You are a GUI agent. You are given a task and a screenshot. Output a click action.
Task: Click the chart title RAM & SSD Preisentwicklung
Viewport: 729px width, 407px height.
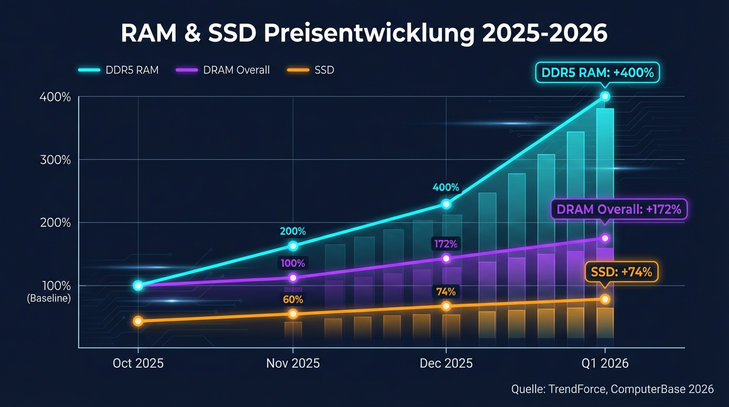363,33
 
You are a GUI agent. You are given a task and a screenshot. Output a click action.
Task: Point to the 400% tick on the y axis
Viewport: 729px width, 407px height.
55,97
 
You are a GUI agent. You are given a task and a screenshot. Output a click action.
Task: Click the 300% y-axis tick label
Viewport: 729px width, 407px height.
55,160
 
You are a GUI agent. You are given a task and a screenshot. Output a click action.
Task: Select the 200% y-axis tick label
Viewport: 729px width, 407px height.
55,223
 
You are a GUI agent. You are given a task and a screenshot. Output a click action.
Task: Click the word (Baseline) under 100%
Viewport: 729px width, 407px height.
49,298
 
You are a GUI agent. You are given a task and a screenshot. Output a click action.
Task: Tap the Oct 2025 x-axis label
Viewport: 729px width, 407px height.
138,364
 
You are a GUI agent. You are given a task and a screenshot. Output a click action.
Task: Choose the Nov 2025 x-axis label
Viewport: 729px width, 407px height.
293,364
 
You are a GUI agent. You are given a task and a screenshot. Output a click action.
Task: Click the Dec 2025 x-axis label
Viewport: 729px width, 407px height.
446,364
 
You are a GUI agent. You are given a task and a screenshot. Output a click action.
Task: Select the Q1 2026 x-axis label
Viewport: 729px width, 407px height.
604,364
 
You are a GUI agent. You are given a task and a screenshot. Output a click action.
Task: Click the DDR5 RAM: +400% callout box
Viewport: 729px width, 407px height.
597,73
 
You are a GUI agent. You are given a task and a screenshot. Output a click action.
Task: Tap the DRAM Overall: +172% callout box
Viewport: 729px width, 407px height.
619,209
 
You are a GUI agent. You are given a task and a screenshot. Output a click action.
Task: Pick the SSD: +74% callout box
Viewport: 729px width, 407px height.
621,272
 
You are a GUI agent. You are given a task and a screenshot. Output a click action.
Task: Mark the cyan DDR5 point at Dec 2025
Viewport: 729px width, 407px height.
446,204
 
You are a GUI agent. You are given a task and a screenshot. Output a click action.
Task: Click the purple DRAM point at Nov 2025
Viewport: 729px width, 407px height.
293,278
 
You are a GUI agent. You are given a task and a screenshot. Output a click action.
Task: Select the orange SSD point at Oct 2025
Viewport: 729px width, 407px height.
138,321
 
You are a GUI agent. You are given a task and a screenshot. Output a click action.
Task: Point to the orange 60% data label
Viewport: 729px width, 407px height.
293,299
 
